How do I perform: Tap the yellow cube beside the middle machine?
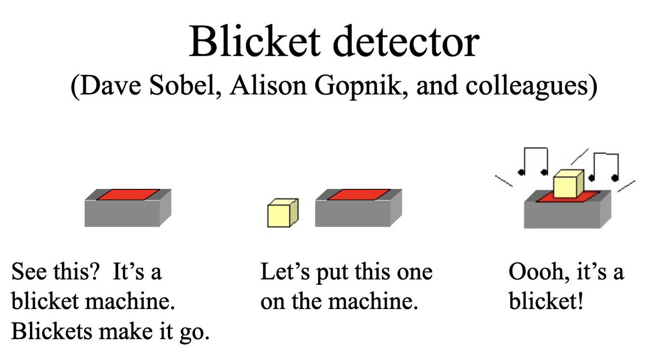pyautogui.click(x=282, y=214)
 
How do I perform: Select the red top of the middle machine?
pyautogui.click(x=359, y=194)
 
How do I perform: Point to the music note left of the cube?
pyautogui.click(x=533, y=160)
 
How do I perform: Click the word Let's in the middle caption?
pyautogui.click(x=283, y=273)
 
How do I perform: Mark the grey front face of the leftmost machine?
pyautogui.click(x=122, y=213)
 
